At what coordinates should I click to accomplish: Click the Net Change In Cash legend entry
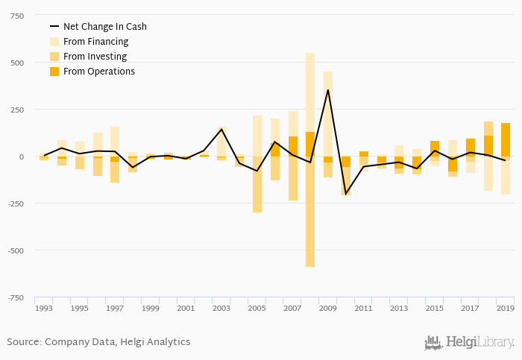point(104,27)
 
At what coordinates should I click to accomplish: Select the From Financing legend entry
point(95,42)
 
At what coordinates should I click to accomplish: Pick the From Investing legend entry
point(95,57)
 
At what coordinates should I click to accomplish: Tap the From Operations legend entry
point(98,72)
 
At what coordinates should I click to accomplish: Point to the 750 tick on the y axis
point(15,16)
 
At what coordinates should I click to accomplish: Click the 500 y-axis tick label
point(15,63)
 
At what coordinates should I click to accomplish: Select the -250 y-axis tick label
point(13,203)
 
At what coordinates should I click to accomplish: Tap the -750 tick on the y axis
point(13,297)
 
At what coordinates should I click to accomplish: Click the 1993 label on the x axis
point(44,308)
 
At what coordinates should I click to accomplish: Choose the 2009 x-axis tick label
point(327,308)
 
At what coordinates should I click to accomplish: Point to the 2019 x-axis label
point(505,308)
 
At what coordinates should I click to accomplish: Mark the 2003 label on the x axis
point(221,308)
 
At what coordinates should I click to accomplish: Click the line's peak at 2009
point(327,90)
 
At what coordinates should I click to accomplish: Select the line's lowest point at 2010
point(345,194)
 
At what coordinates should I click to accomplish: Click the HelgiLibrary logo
point(469,343)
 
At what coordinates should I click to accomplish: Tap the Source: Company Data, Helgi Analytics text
point(98,342)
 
